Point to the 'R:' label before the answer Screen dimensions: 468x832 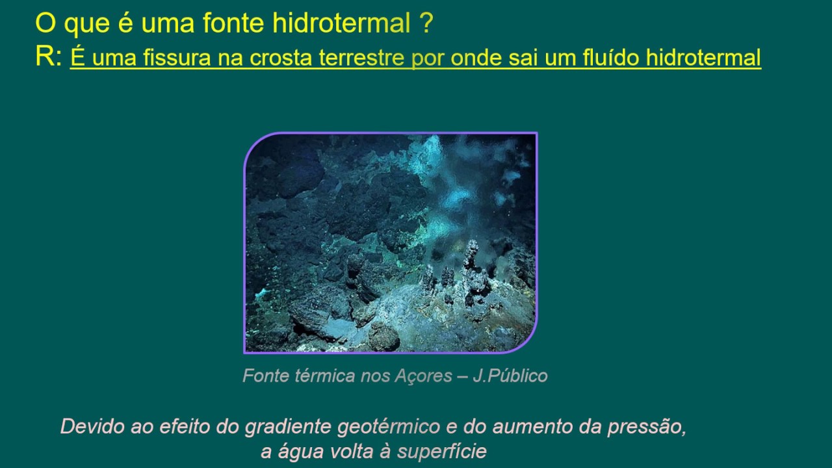[x=49, y=57]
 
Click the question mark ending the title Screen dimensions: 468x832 [x=426, y=24]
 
